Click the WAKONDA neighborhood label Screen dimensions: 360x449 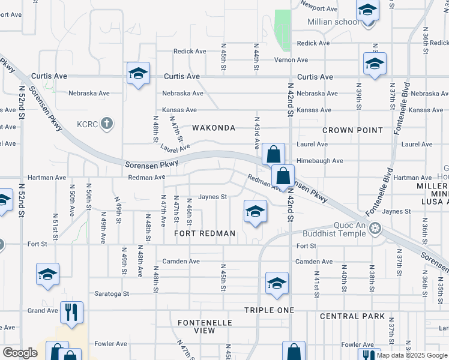[213, 128]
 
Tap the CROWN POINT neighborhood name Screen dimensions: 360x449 [352, 130]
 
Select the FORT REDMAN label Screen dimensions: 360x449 [204, 233]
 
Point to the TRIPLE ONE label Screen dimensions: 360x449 [269, 310]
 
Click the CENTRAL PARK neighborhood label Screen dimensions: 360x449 [352, 316]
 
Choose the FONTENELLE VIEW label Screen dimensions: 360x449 [205, 326]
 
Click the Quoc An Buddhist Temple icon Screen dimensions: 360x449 [375, 227]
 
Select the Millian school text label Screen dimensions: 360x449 [334, 22]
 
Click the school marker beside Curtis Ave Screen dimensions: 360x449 [138, 74]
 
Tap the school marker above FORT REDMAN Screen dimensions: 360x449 [255, 212]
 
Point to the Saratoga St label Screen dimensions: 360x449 [112, 293]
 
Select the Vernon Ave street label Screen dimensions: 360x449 [308, 60]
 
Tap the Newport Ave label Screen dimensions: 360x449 [319, 9]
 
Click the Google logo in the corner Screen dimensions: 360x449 [20, 352]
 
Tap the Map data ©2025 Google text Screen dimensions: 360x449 [412, 356]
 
